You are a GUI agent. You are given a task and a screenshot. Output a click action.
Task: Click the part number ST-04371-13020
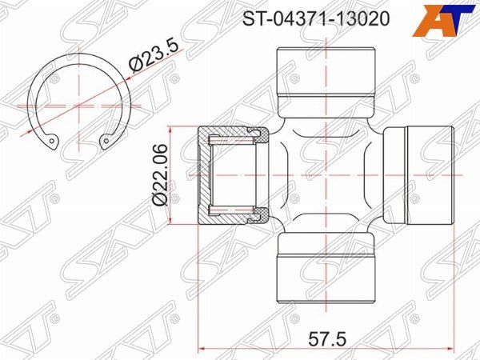pos(316,18)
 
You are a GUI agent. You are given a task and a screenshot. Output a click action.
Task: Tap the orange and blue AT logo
pos(446,20)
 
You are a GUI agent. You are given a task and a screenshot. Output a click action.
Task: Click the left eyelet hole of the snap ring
pos(52,142)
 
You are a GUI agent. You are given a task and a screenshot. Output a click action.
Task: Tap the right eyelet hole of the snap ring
pos(106,141)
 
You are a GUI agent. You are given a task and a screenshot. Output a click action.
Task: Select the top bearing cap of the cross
pos(326,82)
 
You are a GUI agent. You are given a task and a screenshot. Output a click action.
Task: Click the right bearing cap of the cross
pos(418,175)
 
